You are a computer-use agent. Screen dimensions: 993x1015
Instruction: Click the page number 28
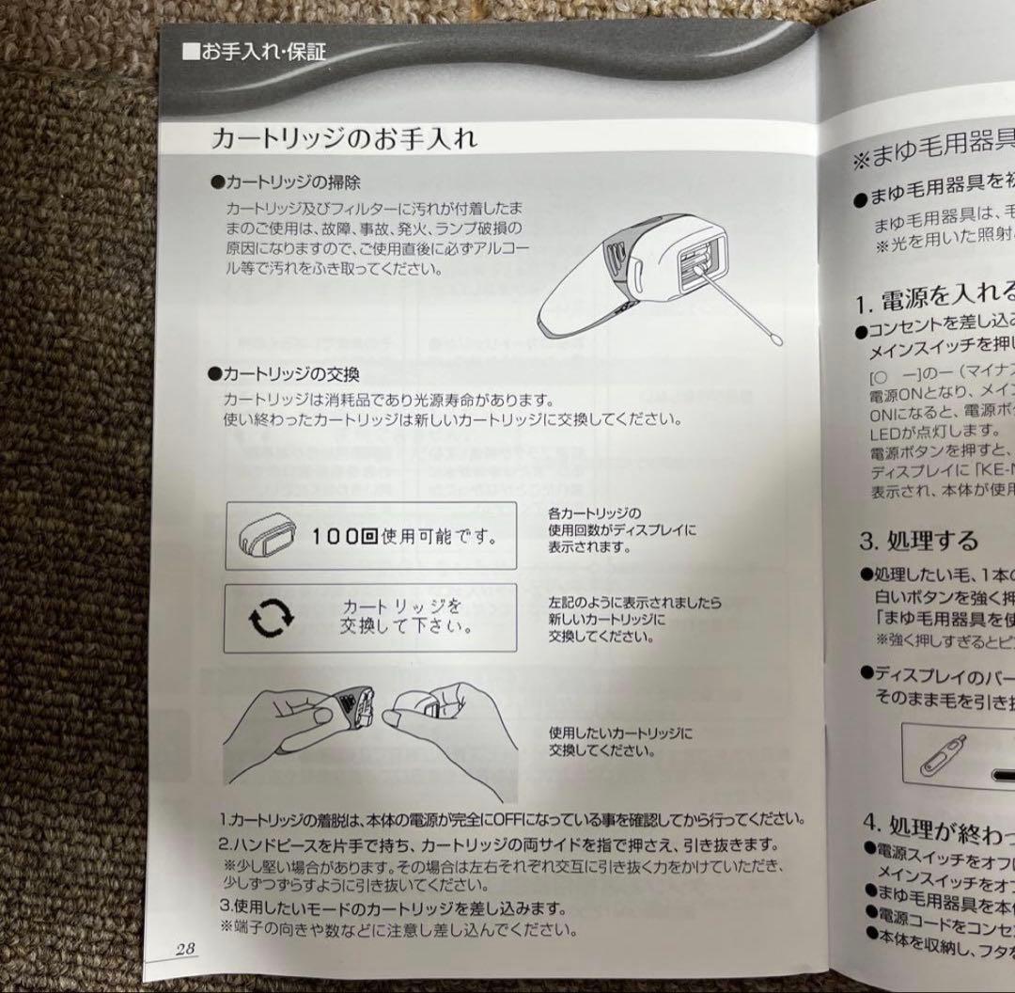click(184, 949)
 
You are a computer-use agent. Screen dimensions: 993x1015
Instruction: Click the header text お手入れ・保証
click(255, 53)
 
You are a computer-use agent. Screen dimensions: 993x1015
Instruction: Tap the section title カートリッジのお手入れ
click(344, 139)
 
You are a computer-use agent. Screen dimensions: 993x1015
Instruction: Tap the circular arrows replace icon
click(270, 618)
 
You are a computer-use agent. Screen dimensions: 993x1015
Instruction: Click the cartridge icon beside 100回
click(264, 537)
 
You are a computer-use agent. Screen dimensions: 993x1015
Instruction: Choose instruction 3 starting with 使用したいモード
click(393, 908)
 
